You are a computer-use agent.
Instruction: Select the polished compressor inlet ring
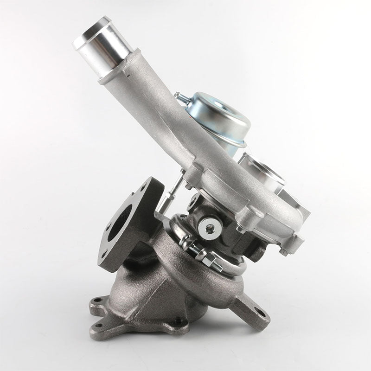[x=262, y=172]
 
